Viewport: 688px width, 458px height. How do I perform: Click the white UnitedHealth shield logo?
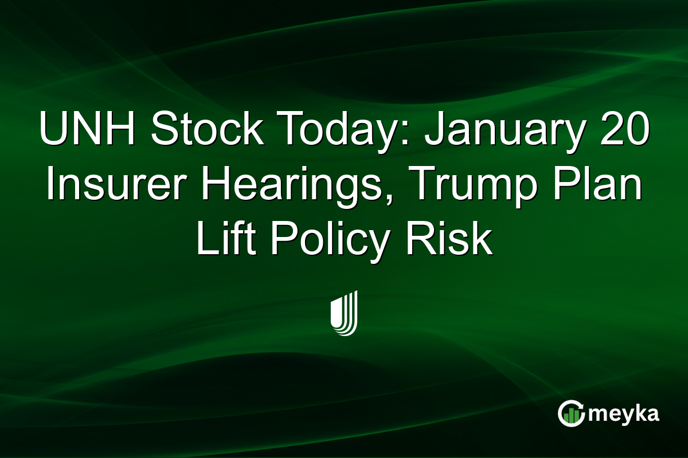pyautogui.click(x=344, y=313)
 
